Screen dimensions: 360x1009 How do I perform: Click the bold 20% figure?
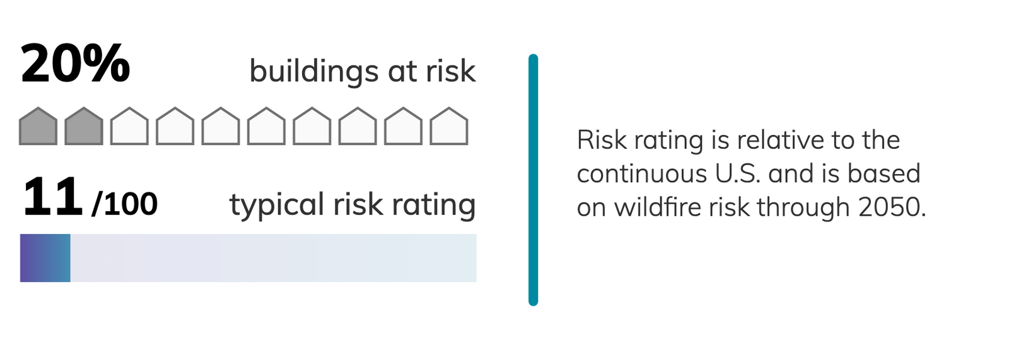[x=75, y=64]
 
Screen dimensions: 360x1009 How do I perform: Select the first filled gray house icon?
[x=38, y=126]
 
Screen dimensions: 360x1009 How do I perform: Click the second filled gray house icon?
[x=84, y=126]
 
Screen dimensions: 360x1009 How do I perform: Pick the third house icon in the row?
[x=129, y=126]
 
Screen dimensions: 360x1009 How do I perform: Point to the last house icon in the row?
[x=449, y=126]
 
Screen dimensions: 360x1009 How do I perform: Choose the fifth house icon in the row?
[x=221, y=126]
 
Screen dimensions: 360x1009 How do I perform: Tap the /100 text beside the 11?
[x=125, y=204]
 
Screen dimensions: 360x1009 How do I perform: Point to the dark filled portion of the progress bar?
[x=45, y=258]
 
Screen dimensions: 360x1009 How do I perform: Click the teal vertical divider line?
[x=533, y=180]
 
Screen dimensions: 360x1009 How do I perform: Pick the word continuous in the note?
[x=641, y=174]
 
